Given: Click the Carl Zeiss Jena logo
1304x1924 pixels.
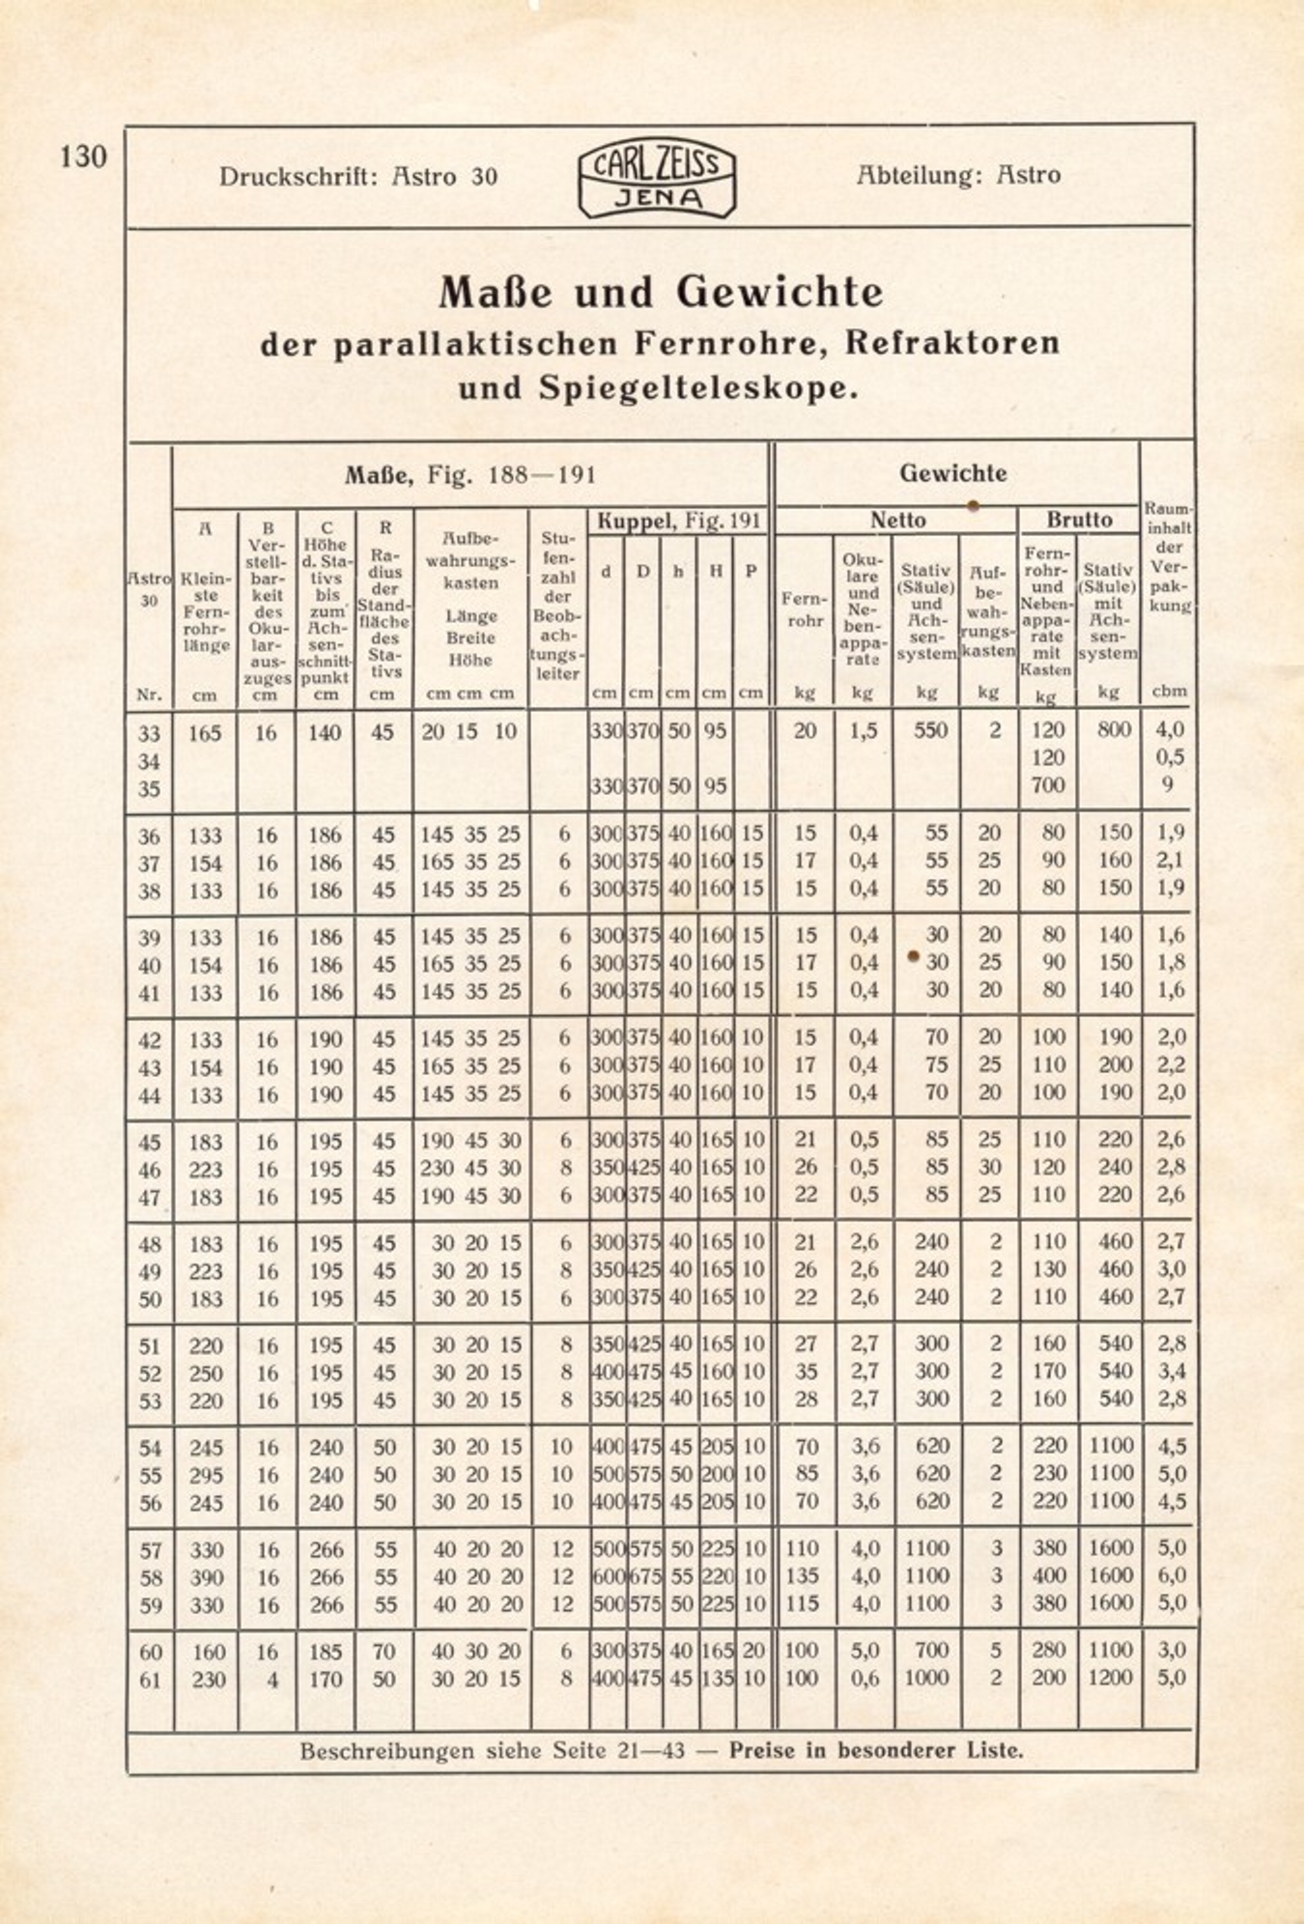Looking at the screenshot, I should tap(657, 177).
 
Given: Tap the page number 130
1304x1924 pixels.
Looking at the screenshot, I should tap(83, 156).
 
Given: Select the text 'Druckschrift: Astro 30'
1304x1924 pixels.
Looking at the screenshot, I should tap(357, 176).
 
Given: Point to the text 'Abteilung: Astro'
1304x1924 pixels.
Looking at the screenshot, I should tap(957, 175).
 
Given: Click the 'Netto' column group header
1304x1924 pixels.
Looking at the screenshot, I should tap(897, 521).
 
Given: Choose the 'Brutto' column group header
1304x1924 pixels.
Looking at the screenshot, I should tap(1079, 520).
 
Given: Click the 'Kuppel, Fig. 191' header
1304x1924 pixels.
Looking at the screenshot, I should tap(678, 522).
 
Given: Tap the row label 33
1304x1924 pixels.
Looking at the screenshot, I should tap(149, 733).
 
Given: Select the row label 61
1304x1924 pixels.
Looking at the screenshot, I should tap(149, 1681).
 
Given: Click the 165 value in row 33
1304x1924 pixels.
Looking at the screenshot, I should tap(205, 733).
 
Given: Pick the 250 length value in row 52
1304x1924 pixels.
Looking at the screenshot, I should tap(206, 1372).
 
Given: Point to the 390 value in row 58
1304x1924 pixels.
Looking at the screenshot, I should tap(206, 1577).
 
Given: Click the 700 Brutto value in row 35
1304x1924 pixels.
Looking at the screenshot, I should tap(1048, 785).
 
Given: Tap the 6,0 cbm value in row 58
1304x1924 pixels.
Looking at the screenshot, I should tap(1171, 1575).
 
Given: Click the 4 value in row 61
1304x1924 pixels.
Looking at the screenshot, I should tap(272, 1681).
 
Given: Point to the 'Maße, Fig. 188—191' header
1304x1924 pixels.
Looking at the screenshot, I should tap(470, 475).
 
